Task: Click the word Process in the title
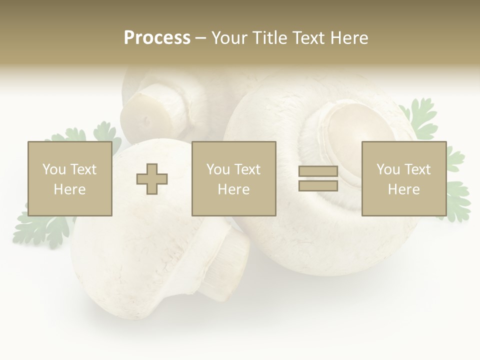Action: coord(157,38)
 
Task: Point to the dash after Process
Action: coord(200,38)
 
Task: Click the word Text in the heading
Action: coord(310,38)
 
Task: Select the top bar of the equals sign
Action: coord(318,171)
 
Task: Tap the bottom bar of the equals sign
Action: coord(318,185)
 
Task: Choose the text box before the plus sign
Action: coord(69,178)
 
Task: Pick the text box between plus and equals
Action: coord(233,178)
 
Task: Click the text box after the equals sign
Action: coord(403,178)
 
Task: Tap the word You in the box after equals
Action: coord(387,169)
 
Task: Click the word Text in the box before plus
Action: coord(83,169)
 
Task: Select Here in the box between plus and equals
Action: coord(233,189)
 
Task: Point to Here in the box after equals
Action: coord(403,189)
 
